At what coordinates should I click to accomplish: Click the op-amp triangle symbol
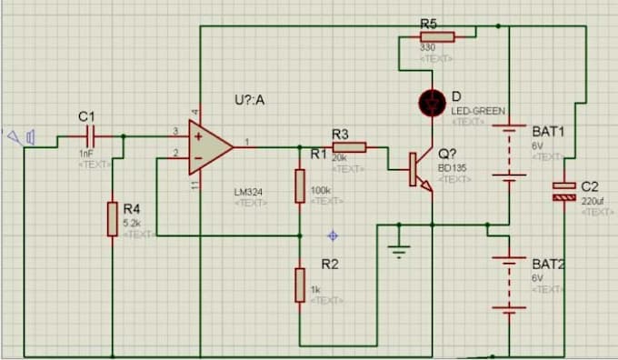pyautogui.click(x=207, y=146)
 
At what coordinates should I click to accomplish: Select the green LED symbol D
pyautogui.click(x=430, y=102)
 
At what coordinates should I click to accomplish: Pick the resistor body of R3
pyautogui.click(x=349, y=146)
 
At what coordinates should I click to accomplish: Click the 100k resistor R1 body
pyautogui.click(x=300, y=185)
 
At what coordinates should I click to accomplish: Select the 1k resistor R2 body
pyautogui.click(x=300, y=285)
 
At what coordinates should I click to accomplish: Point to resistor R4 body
pyautogui.click(x=113, y=219)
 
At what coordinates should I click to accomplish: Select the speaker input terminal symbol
pyautogui.click(x=22, y=137)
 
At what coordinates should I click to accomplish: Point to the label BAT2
pyautogui.click(x=548, y=264)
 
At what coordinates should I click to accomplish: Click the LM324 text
pyautogui.click(x=249, y=193)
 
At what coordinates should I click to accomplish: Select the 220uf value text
pyautogui.click(x=594, y=201)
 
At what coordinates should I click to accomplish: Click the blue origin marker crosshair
pyautogui.click(x=334, y=235)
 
